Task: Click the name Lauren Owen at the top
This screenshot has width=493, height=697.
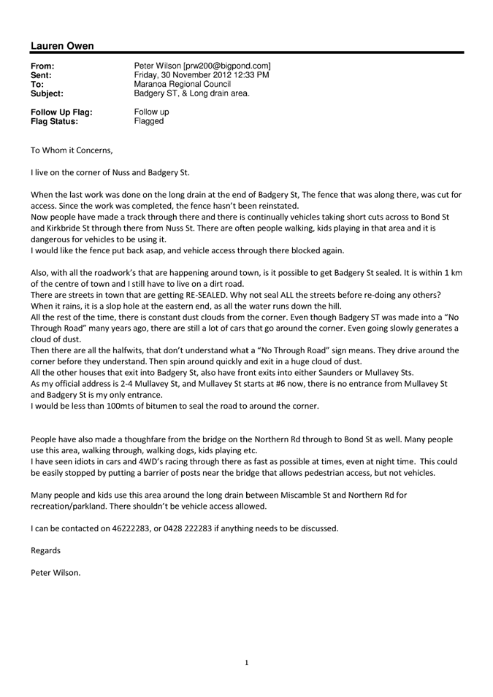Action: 63,46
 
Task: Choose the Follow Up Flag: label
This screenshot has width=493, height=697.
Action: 61,112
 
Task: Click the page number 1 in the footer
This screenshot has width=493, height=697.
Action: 247,663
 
